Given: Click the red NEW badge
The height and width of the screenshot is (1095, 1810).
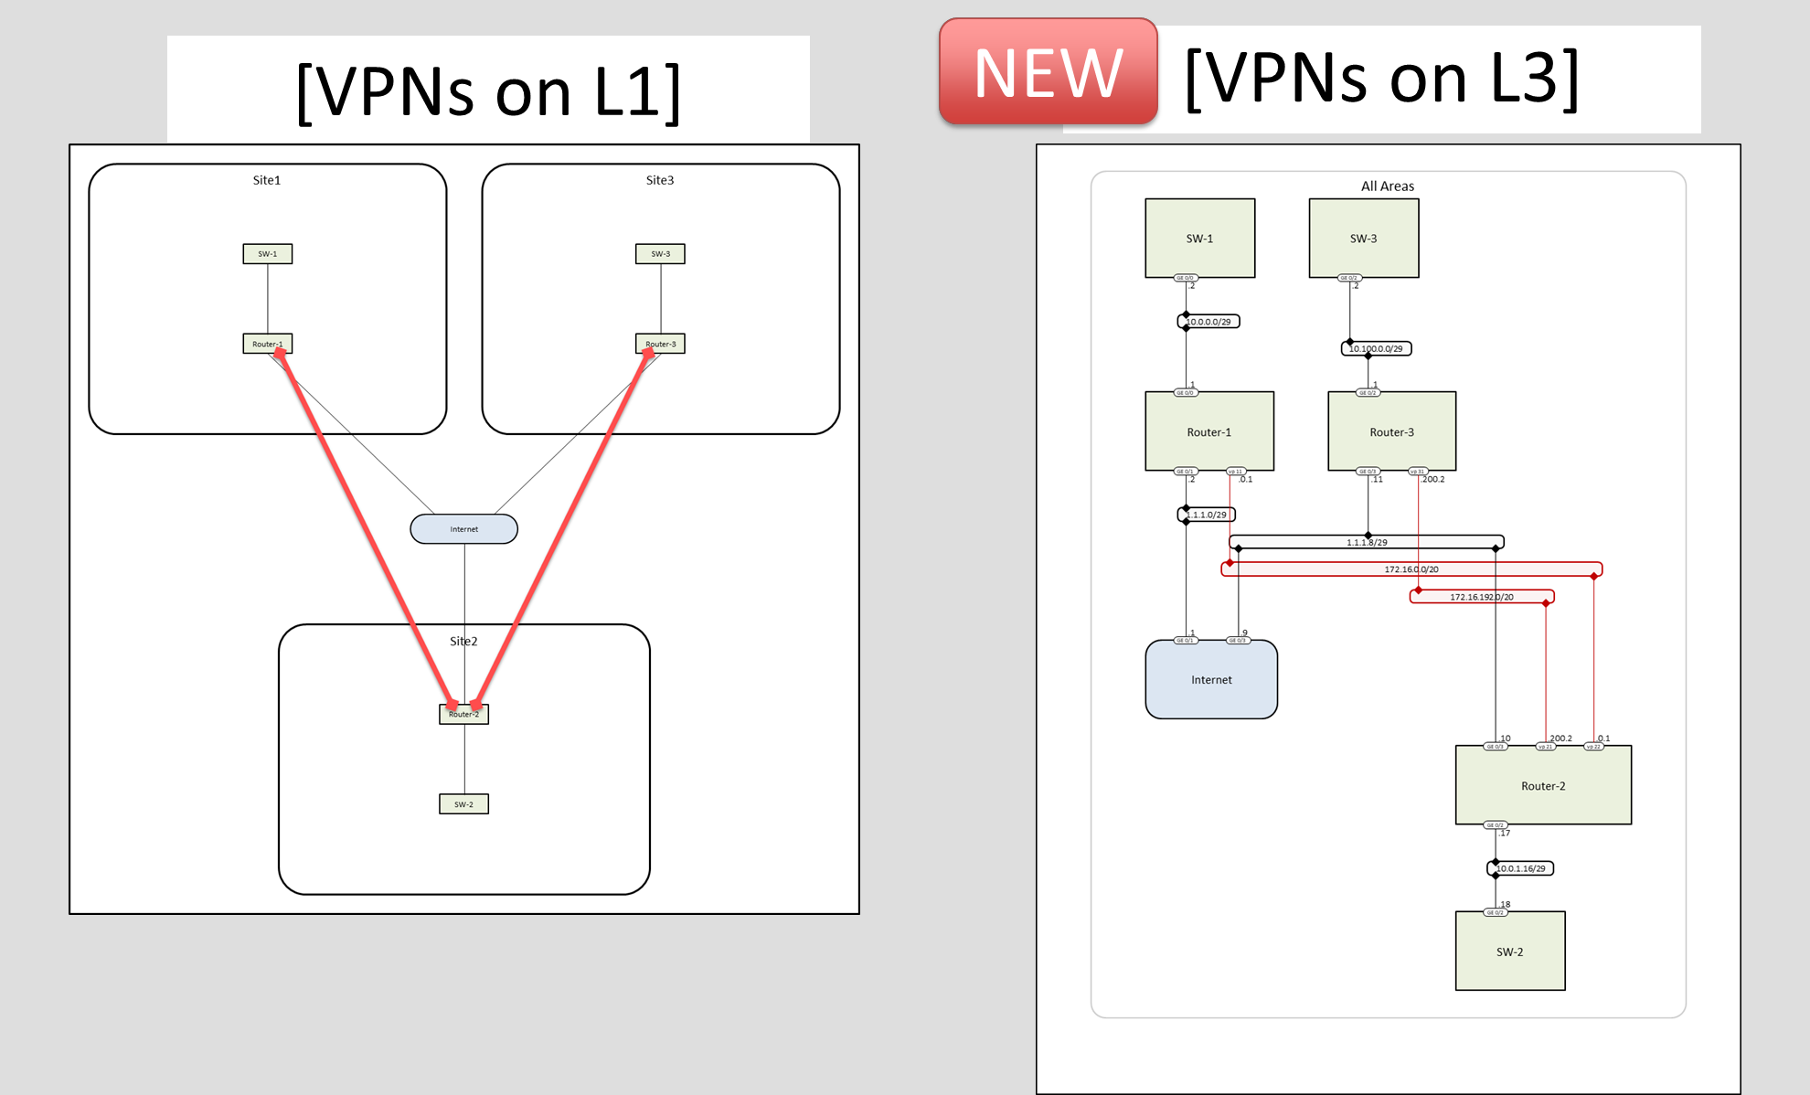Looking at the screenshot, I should coord(1048,73).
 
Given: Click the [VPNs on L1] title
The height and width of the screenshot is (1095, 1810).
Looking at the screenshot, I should coord(488,91).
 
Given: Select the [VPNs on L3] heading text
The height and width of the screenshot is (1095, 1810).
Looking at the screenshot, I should coord(1381,79).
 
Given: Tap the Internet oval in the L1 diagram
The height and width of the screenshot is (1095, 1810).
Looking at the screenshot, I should coord(463,529).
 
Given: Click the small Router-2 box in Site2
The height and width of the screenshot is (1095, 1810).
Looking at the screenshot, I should coord(463,715).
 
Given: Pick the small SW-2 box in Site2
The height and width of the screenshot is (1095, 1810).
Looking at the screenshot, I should coord(463,804).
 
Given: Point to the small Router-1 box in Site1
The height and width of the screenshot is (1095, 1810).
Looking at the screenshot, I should coord(267,345).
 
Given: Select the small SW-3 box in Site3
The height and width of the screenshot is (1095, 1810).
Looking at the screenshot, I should coord(660,254).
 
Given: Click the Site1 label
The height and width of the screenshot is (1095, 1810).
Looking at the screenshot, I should coord(266,180).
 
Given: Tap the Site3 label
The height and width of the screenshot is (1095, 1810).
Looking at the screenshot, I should coord(659,180).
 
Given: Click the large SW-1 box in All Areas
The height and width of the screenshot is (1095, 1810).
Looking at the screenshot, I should coord(1199,239).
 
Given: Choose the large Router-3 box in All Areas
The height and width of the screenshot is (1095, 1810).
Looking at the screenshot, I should coord(1391,432).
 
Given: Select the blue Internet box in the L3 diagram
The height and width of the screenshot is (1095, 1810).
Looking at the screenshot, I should coord(1211,680).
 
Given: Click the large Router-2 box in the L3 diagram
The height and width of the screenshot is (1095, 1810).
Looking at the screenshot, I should coord(1543,786).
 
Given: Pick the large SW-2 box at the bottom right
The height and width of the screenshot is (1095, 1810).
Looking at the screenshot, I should coord(1509,951).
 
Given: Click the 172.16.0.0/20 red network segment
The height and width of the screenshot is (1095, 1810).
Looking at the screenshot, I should coord(1411,569).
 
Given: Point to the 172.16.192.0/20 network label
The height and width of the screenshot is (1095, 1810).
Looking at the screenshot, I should coord(1481,597).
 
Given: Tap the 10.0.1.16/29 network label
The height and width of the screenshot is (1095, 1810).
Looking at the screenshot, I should coord(1520,868).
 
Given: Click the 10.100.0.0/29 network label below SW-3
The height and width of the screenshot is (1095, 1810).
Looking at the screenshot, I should coord(1376,348).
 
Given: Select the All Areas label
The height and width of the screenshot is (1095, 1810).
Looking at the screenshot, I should coord(1387,186).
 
